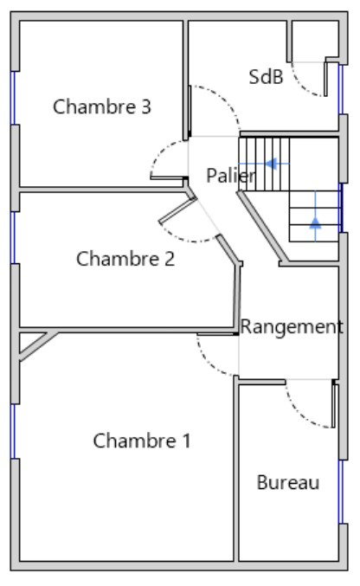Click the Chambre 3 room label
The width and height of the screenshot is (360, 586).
[101, 106]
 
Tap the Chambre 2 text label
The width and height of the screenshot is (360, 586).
[125, 259]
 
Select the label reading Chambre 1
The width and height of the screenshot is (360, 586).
[142, 441]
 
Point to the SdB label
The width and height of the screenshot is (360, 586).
[266, 77]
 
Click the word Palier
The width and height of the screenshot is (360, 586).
[231, 175]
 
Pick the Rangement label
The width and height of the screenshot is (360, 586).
[292, 327]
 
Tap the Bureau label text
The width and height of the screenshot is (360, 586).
[288, 482]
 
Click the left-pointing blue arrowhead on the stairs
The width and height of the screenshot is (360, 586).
[271, 164]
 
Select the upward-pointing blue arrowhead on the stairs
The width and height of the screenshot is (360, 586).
[316, 222]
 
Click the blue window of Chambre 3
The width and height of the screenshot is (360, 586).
[13, 98]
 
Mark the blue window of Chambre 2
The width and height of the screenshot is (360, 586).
[13, 237]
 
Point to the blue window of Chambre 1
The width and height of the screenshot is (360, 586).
[13, 431]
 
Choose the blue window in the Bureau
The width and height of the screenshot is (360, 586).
[341, 492]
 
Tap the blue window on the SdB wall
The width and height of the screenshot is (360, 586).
[341, 89]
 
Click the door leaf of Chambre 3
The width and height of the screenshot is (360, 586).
[169, 177]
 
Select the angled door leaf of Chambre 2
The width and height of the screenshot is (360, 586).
[177, 211]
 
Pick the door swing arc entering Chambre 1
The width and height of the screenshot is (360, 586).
[211, 363]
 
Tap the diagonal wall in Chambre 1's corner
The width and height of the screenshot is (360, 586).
[38, 346]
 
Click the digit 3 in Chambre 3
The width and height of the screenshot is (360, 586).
[146, 106]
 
